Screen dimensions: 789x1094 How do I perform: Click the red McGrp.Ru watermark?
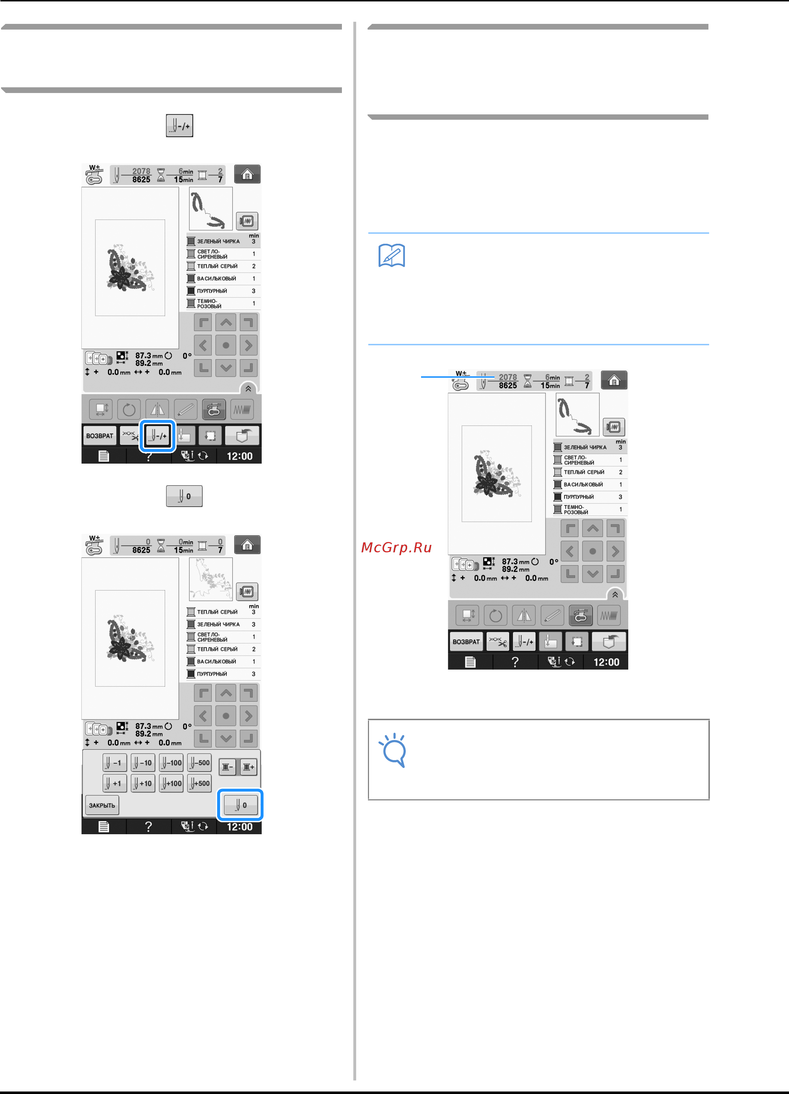[396, 547]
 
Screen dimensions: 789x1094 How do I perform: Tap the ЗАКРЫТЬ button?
[102, 805]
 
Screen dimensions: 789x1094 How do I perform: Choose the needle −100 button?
[171, 763]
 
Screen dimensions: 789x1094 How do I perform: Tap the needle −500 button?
[199, 763]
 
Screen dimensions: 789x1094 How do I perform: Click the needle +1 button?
[115, 783]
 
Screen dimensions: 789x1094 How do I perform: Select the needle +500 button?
[199, 783]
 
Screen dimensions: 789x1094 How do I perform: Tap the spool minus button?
[227, 767]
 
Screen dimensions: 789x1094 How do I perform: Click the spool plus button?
[249, 767]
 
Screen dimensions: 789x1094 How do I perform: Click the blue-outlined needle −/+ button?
[157, 435]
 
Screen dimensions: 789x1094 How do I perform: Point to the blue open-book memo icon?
[391, 256]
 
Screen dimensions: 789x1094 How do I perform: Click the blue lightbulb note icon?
[393, 750]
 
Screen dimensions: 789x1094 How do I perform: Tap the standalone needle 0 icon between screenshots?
[184, 496]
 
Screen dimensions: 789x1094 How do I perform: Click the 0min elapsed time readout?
[186, 542]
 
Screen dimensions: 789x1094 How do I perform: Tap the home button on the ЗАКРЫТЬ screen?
[247, 545]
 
